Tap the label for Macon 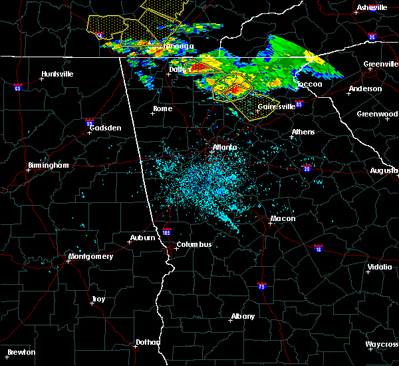click(283, 219)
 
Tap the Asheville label click(372, 7)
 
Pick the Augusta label click(384, 171)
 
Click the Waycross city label click(382, 345)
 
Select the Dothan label click(148, 342)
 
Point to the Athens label click(303, 132)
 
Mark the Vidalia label click(379, 268)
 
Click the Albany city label click(241, 316)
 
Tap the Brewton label click(21, 352)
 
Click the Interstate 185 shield click(166, 233)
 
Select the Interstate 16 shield click(318, 248)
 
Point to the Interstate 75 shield click(262, 286)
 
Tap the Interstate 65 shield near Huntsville click(18, 87)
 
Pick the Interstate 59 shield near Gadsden click(89, 122)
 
